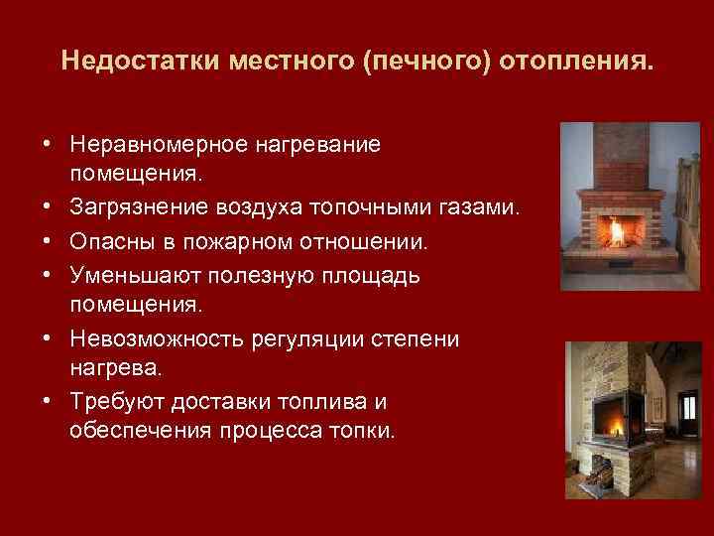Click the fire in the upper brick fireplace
(x=619, y=231)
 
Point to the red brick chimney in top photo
(x=618, y=159)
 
